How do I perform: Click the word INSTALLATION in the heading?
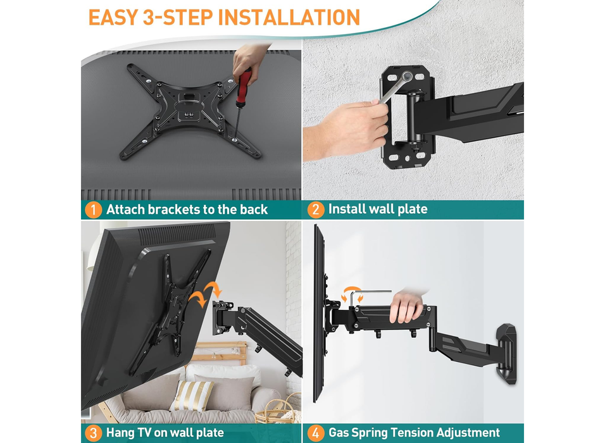(289, 16)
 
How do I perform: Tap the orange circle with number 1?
(93, 209)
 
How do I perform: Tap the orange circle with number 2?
(315, 209)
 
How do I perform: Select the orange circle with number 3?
(93, 433)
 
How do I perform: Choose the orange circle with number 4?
(315, 433)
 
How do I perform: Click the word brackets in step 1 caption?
(171, 209)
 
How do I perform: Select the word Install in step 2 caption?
(348, 209)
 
